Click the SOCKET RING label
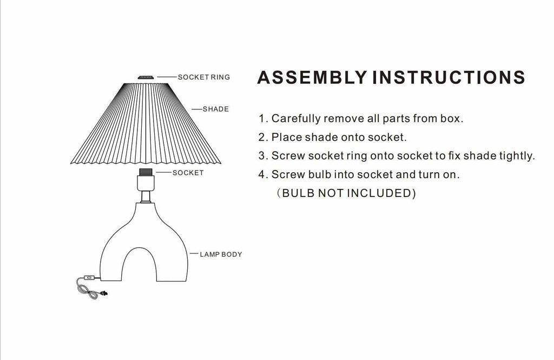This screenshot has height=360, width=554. pos(204,77)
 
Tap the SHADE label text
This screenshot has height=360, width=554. pos(216,109)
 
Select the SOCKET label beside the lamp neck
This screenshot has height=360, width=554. pos(188,173)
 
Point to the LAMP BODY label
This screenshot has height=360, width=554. pos(221,254)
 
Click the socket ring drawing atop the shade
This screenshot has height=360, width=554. pos(144,78)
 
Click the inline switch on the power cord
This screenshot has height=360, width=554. pos(90,279)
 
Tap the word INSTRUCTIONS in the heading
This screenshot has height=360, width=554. pos(449,77)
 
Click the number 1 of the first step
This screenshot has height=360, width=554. pos(262,119)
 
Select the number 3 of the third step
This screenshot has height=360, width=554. pos(262,156)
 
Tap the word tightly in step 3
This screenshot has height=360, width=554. pos(517,156)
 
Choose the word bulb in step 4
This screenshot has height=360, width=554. pos(316,175)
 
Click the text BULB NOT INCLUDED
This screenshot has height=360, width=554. pos(346,193)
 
